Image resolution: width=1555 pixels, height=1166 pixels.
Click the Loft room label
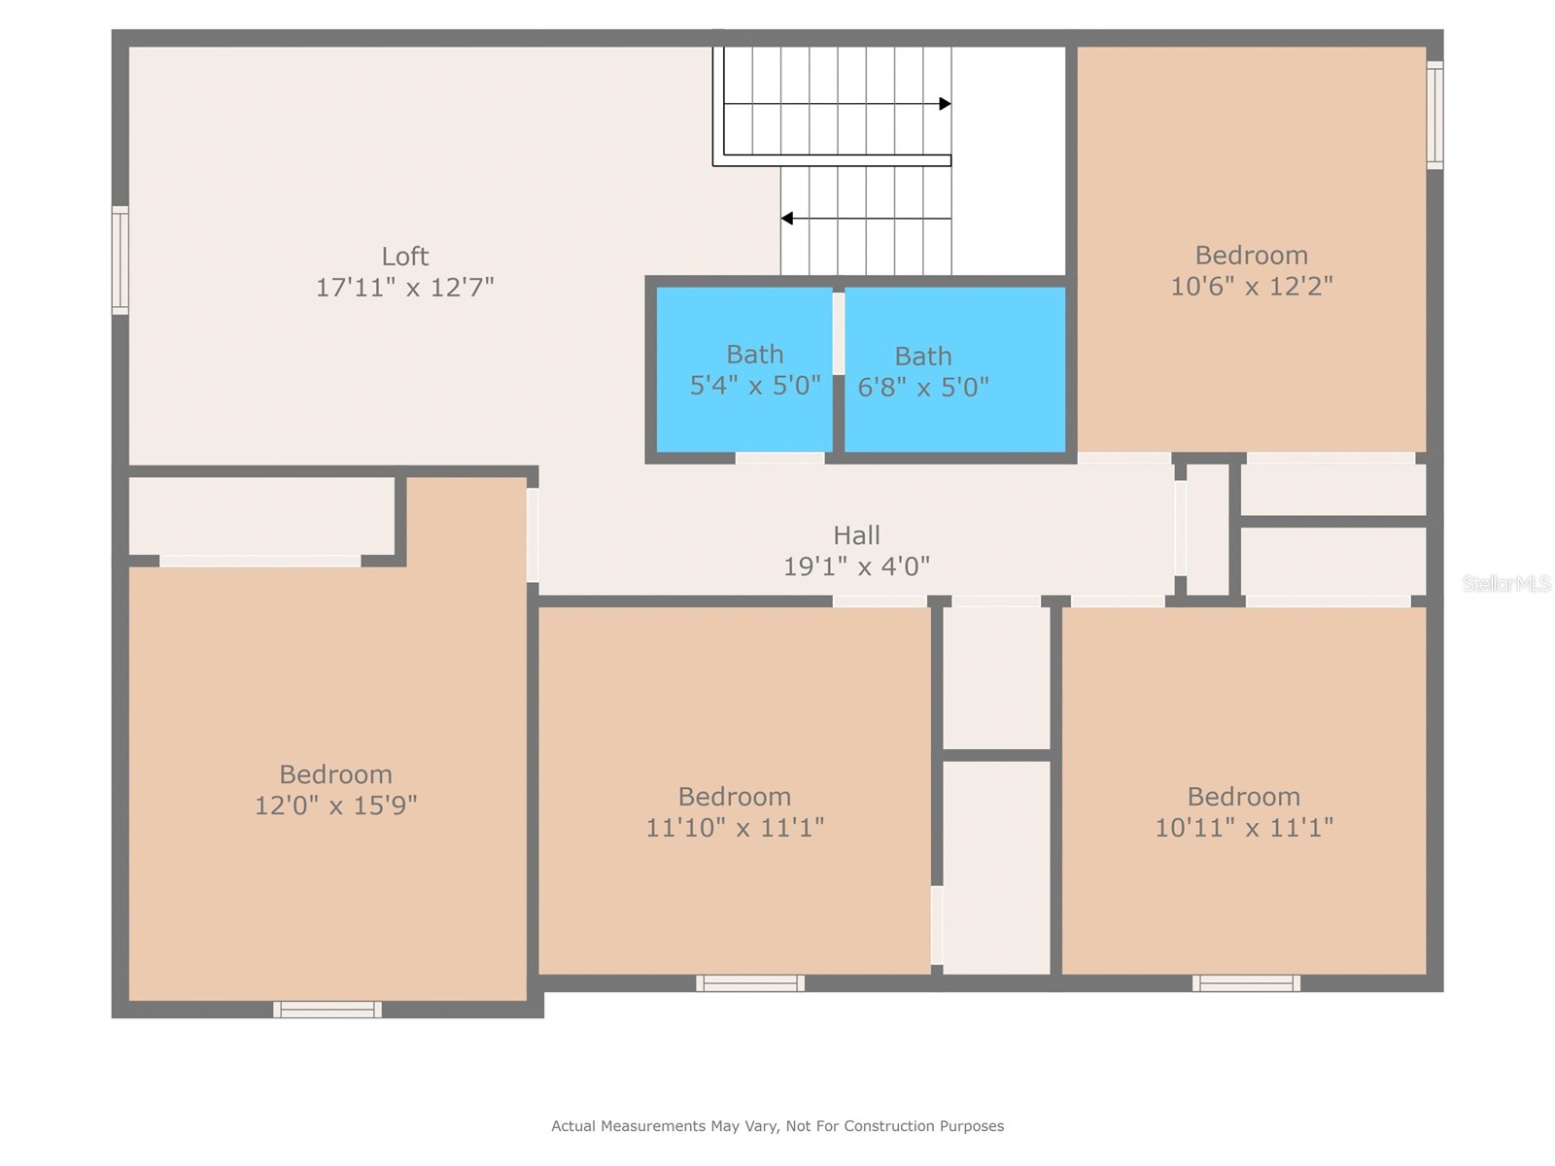[404, 256]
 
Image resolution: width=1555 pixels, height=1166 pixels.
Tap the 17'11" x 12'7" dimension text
[404, 288]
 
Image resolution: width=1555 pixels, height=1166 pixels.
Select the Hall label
[856, 535]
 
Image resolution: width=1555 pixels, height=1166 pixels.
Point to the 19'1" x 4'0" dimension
[856, 566]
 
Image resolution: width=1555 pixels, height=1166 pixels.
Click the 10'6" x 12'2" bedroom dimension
[1252, 287]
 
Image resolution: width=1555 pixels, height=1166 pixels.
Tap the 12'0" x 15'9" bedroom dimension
[336, 806]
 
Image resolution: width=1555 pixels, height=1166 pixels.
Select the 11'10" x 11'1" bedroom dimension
[735, 828]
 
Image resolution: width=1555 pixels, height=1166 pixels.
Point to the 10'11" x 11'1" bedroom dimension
[1244, 828]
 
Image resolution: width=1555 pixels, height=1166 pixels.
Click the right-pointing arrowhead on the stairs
[945, 104]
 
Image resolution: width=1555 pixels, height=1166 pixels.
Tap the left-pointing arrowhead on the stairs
[786, 218]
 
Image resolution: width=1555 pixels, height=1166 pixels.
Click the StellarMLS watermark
[1506, 583]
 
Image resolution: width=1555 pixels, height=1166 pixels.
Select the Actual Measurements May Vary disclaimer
[777, 1125]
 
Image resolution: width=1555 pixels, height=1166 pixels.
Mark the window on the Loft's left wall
[121, 259]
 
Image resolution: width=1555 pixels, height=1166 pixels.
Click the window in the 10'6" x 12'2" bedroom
[1434, 116]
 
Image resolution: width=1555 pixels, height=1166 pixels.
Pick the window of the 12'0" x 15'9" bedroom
[328, 1010]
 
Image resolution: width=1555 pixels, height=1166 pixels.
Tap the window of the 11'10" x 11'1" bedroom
[750, 983]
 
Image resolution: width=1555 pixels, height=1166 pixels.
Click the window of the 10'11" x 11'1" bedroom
[1246, 983]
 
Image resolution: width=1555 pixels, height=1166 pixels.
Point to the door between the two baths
[839, 332]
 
